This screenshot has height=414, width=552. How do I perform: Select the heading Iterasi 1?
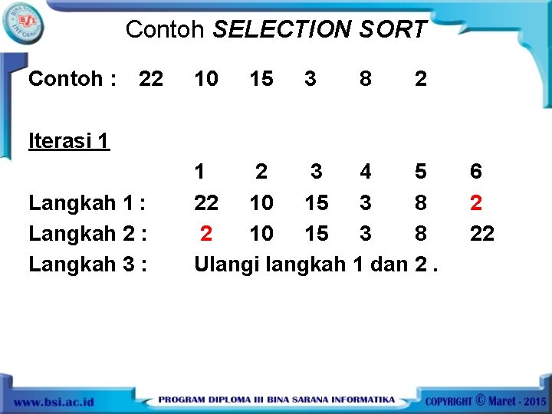coord(69,140)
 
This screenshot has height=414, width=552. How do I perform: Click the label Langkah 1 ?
coord(87,203)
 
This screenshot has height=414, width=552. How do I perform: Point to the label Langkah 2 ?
coord(87,233)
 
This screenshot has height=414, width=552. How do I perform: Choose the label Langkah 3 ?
coord(87,264)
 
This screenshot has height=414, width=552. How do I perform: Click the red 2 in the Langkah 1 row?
coord(476,203)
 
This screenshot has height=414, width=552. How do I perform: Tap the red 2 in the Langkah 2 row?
coord(205,233)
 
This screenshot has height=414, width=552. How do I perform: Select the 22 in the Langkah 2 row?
coord(481,233)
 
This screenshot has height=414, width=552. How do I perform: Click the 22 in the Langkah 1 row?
coord(206,203)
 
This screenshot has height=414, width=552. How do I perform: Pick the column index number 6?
coord(476,172)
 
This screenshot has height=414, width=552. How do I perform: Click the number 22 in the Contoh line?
coord(151,78)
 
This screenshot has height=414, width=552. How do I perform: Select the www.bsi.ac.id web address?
coord(54,401)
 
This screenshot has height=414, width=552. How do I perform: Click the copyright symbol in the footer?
coord(481,399)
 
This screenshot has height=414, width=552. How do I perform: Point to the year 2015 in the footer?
coord(533,401)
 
